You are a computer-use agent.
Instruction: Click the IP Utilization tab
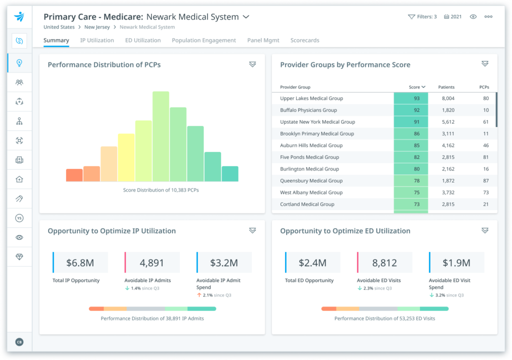[97, 40]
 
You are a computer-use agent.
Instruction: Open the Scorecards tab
[304, 40]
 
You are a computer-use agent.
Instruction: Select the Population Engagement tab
[203, 40]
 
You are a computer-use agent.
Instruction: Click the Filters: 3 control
[422, 16]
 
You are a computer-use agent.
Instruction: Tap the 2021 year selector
[452, 16]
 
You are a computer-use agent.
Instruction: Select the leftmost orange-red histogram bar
[74, 175]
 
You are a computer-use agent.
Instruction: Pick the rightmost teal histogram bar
[229, 173]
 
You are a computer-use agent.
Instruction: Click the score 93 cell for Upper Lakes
[411, 98]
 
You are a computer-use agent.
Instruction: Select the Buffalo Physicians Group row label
[308, 110]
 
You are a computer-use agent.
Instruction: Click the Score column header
[416, 87]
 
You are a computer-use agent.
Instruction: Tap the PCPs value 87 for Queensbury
[485, 180]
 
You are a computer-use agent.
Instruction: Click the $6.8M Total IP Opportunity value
[80, 262]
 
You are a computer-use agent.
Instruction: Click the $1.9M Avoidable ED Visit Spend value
[456, 262]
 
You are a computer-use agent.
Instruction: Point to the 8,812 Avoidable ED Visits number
[384, 262]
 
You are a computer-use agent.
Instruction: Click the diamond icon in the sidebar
[19, 256]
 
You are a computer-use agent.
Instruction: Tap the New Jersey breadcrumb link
[97, 27]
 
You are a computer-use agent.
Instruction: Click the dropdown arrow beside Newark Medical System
[246, 16]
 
